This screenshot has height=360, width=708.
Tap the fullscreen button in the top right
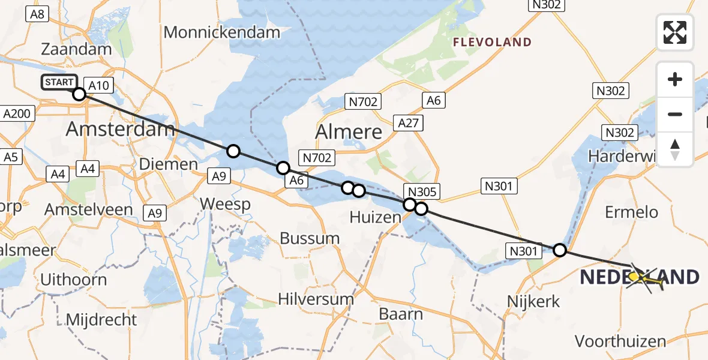pyautogui.click(x=675, y=32)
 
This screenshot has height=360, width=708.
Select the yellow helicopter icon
pyautogui.click(x=643, y=278)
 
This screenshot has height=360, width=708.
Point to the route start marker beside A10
pyautogui.click(x=79, y=94)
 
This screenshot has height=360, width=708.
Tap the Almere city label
pyautogui.click(x=349, y=131)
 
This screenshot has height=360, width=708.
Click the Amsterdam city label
pyautogui.click(x=120, y=128)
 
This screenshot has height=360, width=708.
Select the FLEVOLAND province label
pyautogui.click(x=492, y=42)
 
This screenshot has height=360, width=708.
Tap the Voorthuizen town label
pyautogui.click(x=620, y=341)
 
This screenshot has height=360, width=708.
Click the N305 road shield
pyautogui.click(x=422, y=192)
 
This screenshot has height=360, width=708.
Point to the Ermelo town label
pyautogui.click(x=631, y=212)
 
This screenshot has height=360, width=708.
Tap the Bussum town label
pyautogui.click(x=310, y=238)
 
